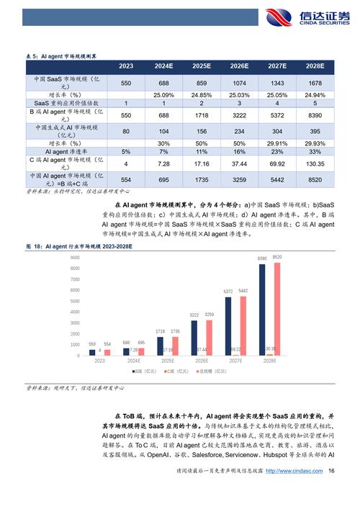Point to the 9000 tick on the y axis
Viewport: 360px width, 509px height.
tap(74, 257)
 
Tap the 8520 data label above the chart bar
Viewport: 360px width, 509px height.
tap(277, 256)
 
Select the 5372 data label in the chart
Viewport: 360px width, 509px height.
tap(228, 292)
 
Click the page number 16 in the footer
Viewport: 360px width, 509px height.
tap(331, 471)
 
